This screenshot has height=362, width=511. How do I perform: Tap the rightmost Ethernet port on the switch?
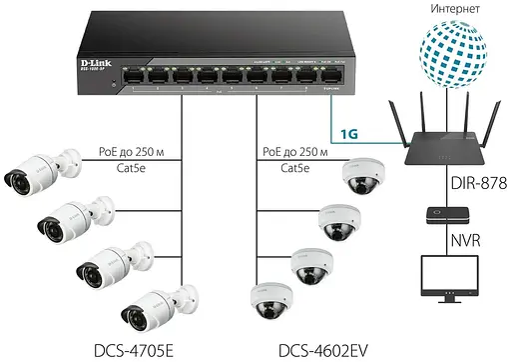[x=325, y=75]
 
